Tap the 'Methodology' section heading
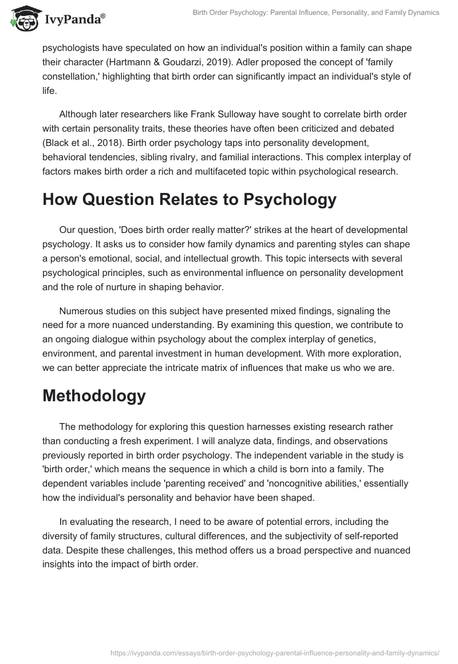pos(94,396)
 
